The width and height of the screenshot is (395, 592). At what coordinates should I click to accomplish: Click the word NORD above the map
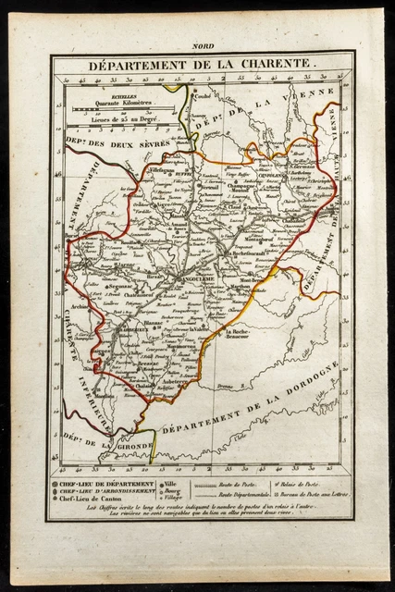click(200, 45)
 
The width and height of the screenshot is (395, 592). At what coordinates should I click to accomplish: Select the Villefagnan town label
click(153, 172)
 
